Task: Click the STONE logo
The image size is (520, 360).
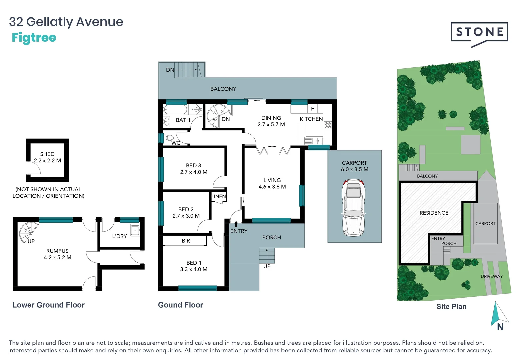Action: pyautogui.click(x=479, y=32)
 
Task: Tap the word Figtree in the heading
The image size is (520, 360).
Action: pyautogui.click(x=34, y=38)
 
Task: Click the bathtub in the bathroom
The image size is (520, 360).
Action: pyautogui.click(x=176, y=110)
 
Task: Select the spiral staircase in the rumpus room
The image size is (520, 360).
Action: pyautogui.click(x=28, y=232)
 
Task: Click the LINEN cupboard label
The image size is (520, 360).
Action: pyautogui.click(x=219, y=196)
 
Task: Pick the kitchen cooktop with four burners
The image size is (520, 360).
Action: pyautogui.click(x=328, y=125)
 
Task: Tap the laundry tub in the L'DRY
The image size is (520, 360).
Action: pyautogui.click(x=135, y=230)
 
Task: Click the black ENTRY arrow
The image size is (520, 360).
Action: pyautogui.click(x=236, y=224)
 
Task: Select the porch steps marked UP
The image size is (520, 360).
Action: pyautogui.click(x=267, y=256)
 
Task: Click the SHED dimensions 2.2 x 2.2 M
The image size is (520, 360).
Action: pyautogui.click(x=47, y=161)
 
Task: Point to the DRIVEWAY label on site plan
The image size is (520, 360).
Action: pyautogui.click(x=491, y=276)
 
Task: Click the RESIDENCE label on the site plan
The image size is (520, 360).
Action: pyautogui.click(x=434, y=213)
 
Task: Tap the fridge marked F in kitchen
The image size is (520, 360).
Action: pyautogui.click(x=312, y=109)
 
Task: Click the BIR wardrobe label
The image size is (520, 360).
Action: pyautogui.click(x=186, y=241)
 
